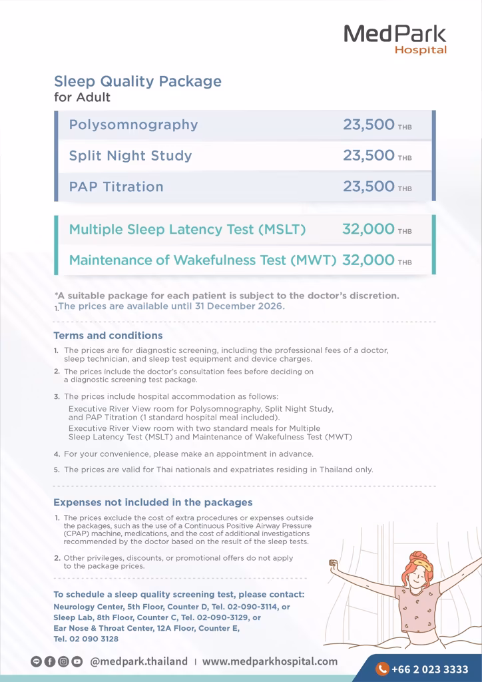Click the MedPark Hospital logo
click(395, 39)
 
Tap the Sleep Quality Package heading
click(137, 81)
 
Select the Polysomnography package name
click(133, 125)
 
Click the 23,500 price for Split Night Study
click(369, 155)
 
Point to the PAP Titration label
click(116, 186)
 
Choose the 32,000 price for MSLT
click(369, 229)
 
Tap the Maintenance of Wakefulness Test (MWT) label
click(202, 260)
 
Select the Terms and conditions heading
click(108, 336)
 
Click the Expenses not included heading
click(152, 502)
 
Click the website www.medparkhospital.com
click(270, 661)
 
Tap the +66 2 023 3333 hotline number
click(429, 669)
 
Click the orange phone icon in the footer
click(382, 669)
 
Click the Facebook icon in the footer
click(49, 662)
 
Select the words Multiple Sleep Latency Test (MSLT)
click(187, 229)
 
